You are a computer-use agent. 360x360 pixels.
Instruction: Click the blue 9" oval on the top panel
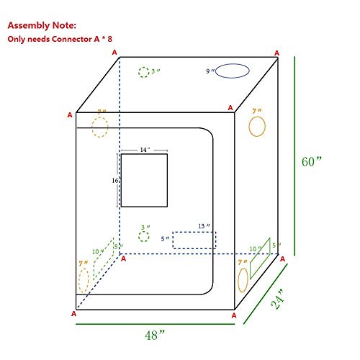(232, 71)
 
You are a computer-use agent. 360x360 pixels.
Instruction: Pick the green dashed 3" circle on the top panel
(143, 72)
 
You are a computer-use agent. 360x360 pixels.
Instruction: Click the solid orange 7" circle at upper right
(257, 126)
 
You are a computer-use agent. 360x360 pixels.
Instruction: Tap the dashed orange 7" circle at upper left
(100, 127)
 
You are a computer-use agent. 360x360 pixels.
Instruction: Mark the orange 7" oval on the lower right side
(243, 276)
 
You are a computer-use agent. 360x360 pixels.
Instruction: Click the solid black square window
(144, 180)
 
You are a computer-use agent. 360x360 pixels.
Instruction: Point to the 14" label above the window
(144, 150)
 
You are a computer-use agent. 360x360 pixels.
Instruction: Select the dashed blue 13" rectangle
(194, 240)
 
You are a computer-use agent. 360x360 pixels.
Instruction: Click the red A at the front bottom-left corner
(74, 314)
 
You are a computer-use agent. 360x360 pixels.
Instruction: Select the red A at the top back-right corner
(278, 52)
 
